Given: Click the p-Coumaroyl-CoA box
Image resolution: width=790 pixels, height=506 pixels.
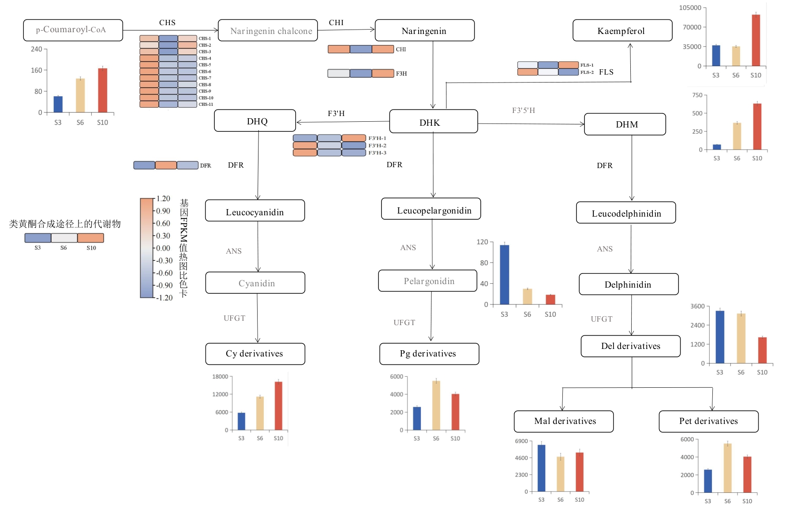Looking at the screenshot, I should coord(73,30).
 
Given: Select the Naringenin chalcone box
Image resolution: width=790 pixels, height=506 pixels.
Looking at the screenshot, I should coord(268,30).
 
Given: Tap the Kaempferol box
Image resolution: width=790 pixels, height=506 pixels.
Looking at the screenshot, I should coord(622,30).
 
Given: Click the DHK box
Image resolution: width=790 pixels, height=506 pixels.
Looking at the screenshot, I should coord(433,121).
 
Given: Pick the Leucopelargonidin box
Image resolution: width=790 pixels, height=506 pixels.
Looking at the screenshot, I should coord(431,209).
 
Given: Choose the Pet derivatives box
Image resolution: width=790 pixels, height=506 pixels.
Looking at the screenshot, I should coord(708,421).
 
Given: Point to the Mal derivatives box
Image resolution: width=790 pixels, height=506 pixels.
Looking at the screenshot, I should coord(563,421).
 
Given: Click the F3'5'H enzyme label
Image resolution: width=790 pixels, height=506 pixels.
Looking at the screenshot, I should coord(523,110).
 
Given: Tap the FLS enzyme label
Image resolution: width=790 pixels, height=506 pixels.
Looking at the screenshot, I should coord(606,72).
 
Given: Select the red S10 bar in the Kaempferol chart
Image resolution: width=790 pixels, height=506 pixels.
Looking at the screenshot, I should coord(756,40).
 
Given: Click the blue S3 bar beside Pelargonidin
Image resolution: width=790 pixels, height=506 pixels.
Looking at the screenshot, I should coord(504,274).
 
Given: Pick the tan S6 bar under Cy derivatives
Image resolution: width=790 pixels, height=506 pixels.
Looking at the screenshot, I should coord(260,413).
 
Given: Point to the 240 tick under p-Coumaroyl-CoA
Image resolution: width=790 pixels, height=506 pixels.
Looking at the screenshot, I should coord(37,49).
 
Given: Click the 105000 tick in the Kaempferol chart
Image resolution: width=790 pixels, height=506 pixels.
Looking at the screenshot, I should coord(690,7).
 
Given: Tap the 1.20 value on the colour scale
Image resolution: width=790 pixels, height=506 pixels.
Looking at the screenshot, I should coord(163,199).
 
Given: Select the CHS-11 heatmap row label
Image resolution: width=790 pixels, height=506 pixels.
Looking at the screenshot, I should coord(206,105).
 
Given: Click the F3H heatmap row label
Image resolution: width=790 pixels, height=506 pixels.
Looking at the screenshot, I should coord(401,74).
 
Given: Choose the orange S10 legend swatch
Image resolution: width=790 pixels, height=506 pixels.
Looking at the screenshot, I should coord(90,238).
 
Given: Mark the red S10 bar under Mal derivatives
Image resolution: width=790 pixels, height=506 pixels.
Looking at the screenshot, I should coord(579,472).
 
